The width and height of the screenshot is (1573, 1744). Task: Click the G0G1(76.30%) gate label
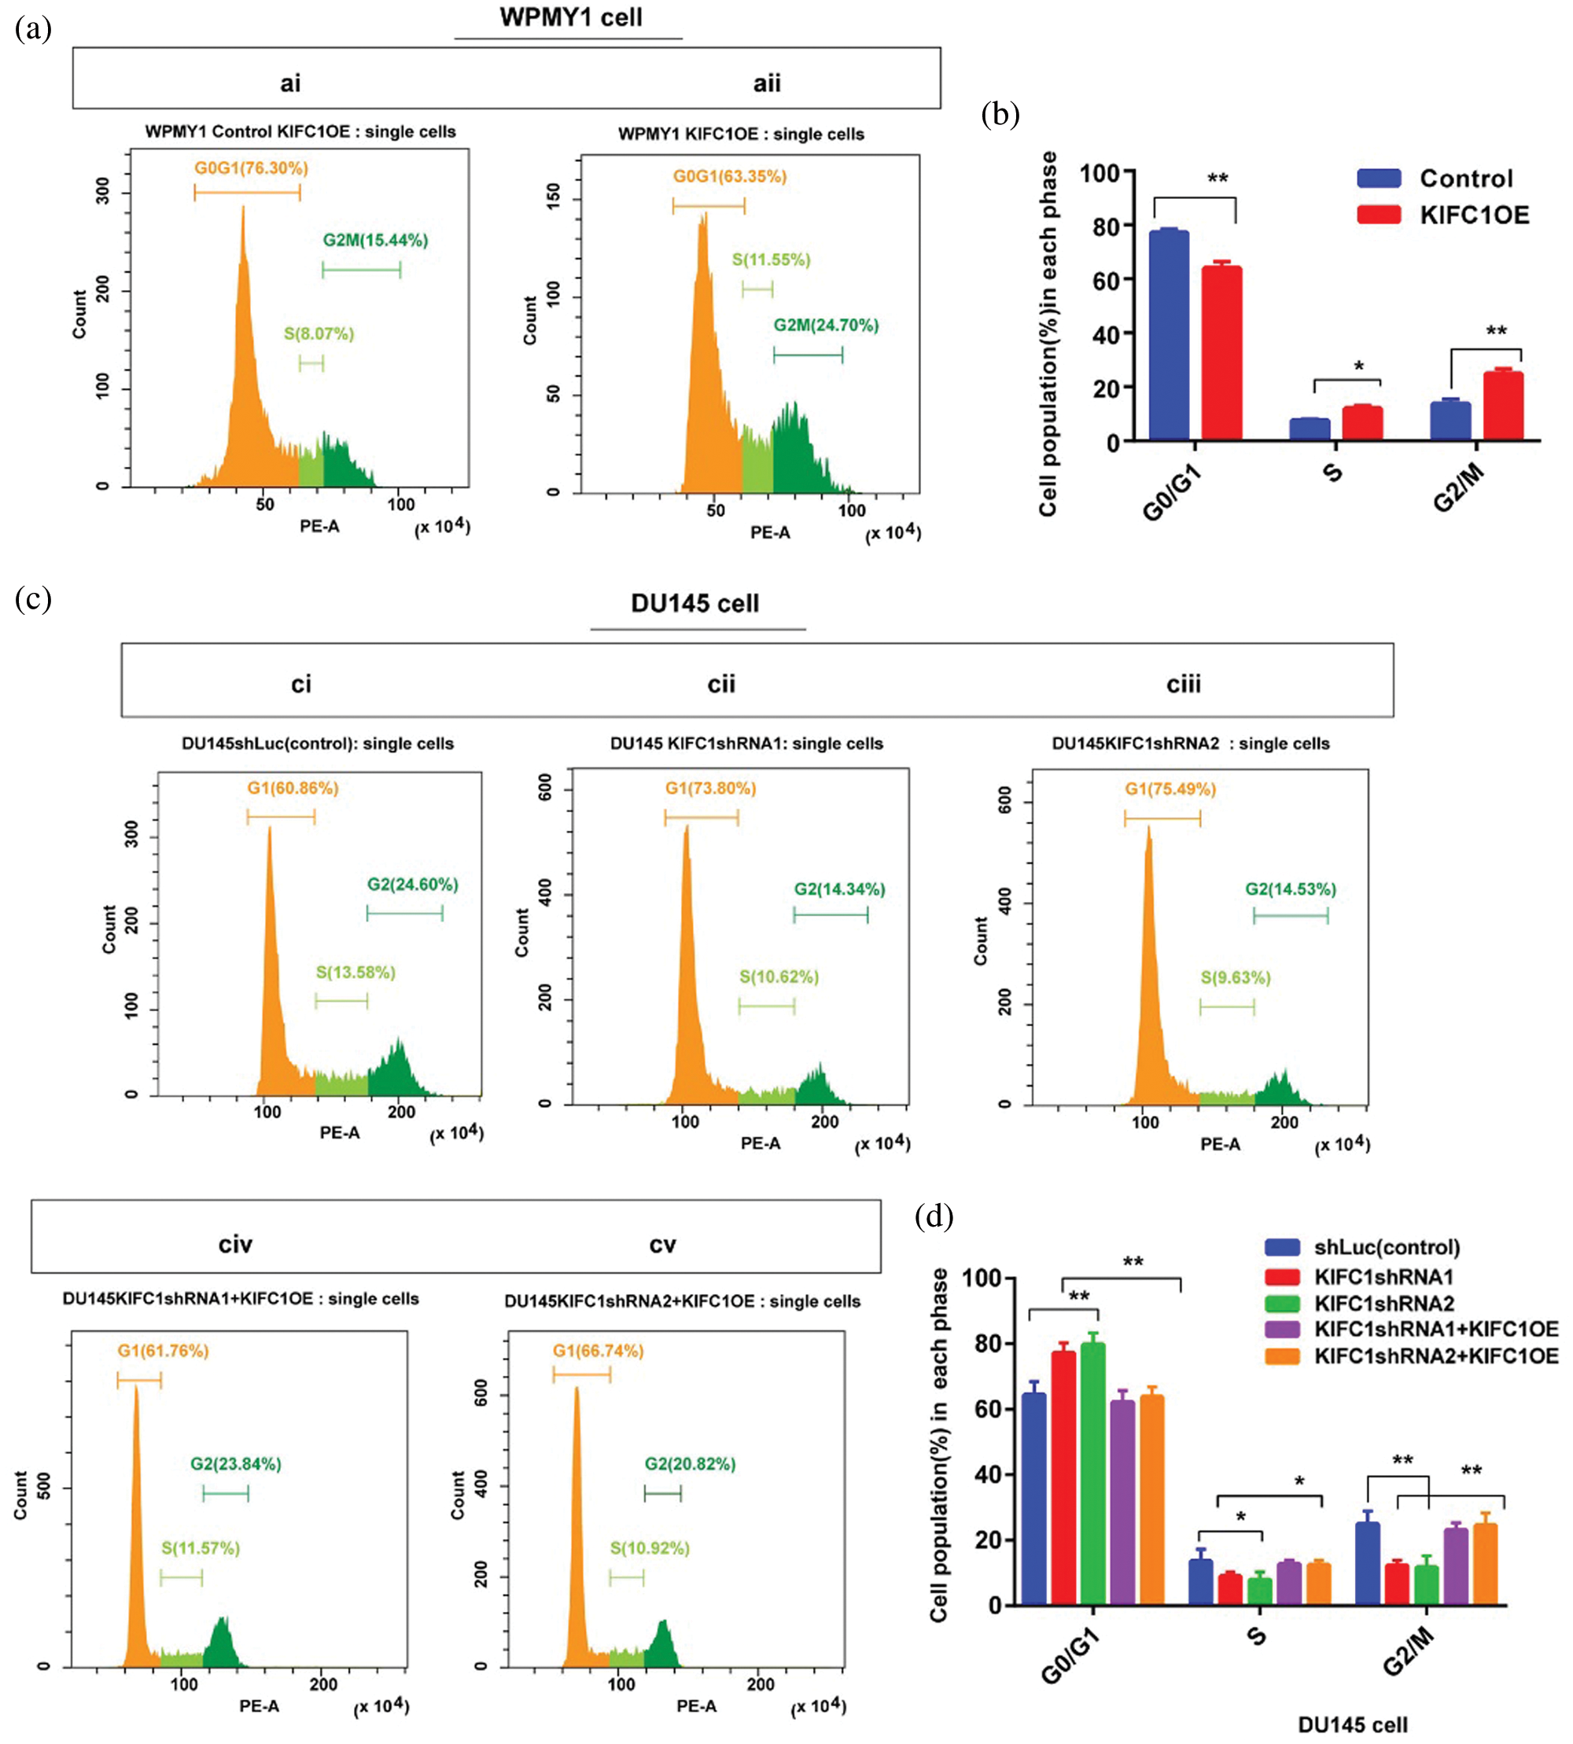pos(251,167)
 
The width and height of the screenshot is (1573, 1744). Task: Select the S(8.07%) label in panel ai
pos(319,333)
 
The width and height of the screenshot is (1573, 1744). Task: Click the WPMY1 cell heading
pos(570,18)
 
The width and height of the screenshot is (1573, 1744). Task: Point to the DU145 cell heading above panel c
pos(695,603)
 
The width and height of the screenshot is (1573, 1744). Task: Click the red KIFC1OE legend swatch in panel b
pos(1379,215)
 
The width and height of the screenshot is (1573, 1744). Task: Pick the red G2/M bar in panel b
pos(1503,407)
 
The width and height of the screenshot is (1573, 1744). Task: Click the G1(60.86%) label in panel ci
pos(293,788)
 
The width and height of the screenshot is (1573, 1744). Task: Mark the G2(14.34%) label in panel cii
pos(839,889)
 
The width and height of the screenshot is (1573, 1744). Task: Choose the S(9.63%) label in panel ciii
pos(1235,977)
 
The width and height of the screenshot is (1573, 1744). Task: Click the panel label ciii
pos(1183,684)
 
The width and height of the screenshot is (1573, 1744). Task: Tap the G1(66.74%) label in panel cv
pos(598,1351)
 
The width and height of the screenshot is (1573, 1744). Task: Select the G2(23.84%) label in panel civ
pos(236,1464)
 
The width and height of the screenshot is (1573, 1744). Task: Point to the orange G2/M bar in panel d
pos(1485,1564)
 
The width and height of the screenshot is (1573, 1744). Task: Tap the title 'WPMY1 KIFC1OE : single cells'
pos(741,134)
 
